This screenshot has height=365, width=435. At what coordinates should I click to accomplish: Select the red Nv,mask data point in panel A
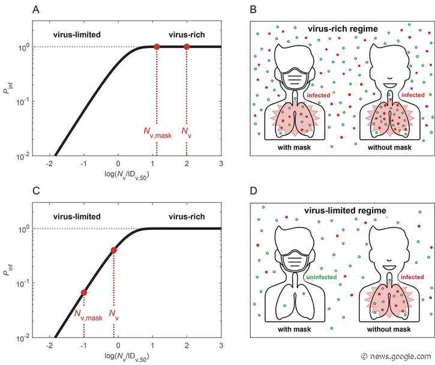(x=157, y=47)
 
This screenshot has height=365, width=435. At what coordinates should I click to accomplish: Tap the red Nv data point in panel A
(x=187, y=47)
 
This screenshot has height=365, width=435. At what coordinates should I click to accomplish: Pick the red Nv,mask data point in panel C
(x=84, y=292)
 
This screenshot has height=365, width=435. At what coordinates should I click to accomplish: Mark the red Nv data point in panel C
(x=114, y=250)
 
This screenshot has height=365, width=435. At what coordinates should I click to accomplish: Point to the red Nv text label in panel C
(x=113, y=314)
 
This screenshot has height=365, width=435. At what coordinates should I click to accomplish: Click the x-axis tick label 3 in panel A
(x=221, y=164)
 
